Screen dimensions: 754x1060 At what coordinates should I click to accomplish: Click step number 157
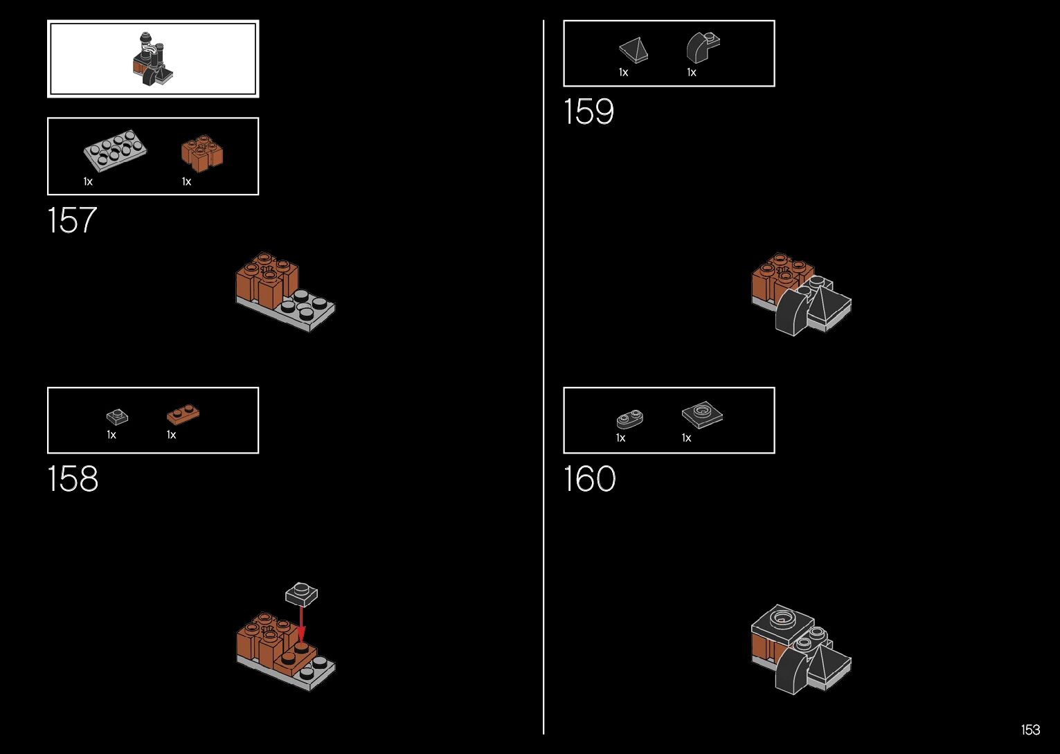pyautogui.click(x=72, y=221)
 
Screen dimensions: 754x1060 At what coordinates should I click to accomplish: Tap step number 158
pyautogui.click(x=73, y=479)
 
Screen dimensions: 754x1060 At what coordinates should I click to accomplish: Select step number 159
pyautogui.click(x=589, y=112)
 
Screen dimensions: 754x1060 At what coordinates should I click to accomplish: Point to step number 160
pyautogui.click(x=589, y=479)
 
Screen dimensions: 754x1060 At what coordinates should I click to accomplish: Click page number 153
pyautogui.click(x=1030, y=730)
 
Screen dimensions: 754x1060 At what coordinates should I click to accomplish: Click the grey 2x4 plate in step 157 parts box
pyautogui.click(x=115, y=150)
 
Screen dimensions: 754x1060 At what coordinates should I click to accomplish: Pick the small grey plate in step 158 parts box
pyautogui.click(x=117, y=417)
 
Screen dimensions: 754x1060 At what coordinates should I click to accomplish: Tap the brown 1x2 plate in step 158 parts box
pyautogui.click(x=183, y=414)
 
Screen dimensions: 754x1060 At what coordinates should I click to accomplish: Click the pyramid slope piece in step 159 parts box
pyautogui.click(x=634, y=51)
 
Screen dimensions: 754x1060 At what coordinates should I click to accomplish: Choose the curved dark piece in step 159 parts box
pyautogui.click(x=703, y=48)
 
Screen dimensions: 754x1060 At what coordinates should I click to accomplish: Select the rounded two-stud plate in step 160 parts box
pyautogui.click(x=629, y=419)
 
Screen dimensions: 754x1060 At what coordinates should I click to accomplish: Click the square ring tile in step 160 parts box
pyautogui.click(x=702, y=415)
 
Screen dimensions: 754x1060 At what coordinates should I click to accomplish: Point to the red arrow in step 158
pyautogui.click(x=301, y=622)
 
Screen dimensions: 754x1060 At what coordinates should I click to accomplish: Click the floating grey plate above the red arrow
pyautogui.click(x=301, y=593)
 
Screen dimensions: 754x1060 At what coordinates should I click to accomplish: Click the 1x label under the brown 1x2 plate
pyautogui.click(x=171, y=435)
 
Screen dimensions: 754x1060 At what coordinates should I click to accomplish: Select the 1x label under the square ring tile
pyautogui.click(x=686, y=438)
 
